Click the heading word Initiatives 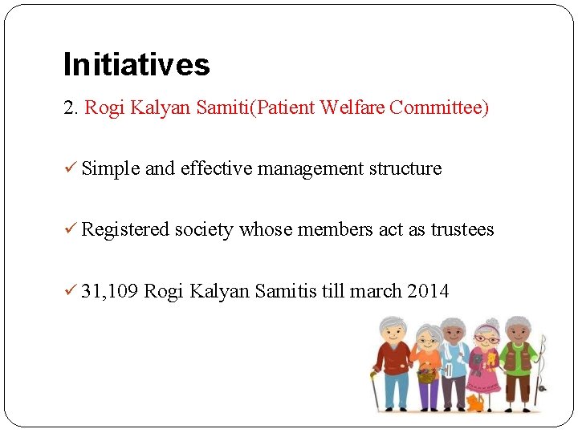pos(136,65)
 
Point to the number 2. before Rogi pos(71,108)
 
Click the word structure pos(405,169)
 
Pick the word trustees pos(462,230)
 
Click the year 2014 pos(428,291)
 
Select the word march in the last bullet pos(374,291)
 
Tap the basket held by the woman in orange pos(426,374)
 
